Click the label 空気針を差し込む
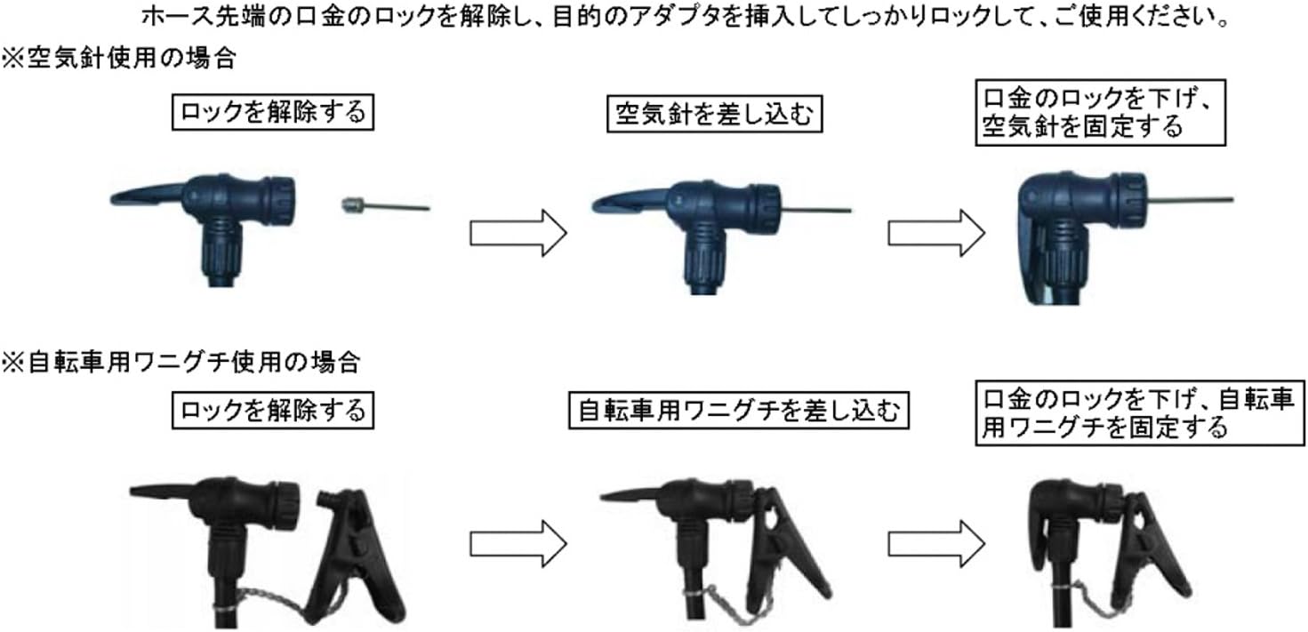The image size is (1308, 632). (x=714, y=115)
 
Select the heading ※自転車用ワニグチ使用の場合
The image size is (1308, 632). (x=181, y=362)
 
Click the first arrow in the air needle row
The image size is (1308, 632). (x=518, y=233)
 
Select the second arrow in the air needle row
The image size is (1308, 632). (x=935, y=233)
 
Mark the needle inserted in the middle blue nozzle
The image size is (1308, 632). (x=814, y=211)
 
